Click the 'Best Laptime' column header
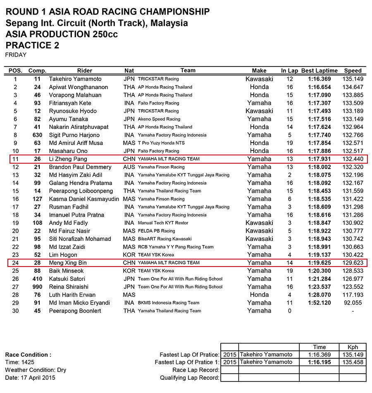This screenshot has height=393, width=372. (319, 71)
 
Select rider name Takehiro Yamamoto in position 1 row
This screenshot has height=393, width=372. (75, 79)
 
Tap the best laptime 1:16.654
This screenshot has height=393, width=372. (319, 87)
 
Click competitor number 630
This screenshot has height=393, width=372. (37, 135)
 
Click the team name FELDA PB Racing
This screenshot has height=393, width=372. (156, 231)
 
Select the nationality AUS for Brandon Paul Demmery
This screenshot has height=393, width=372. (129, 167)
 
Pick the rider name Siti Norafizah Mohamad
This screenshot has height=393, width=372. (80, 239)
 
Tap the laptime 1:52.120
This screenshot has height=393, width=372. (319, 303)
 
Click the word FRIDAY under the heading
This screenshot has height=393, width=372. (16, 55)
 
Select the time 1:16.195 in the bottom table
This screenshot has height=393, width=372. (319, 362)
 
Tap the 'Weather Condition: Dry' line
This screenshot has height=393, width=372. (36, 370)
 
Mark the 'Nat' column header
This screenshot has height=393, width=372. (129, 71)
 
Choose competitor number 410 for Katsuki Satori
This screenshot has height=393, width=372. (37, 279)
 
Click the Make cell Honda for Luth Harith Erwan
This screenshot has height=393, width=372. (259, 295)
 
